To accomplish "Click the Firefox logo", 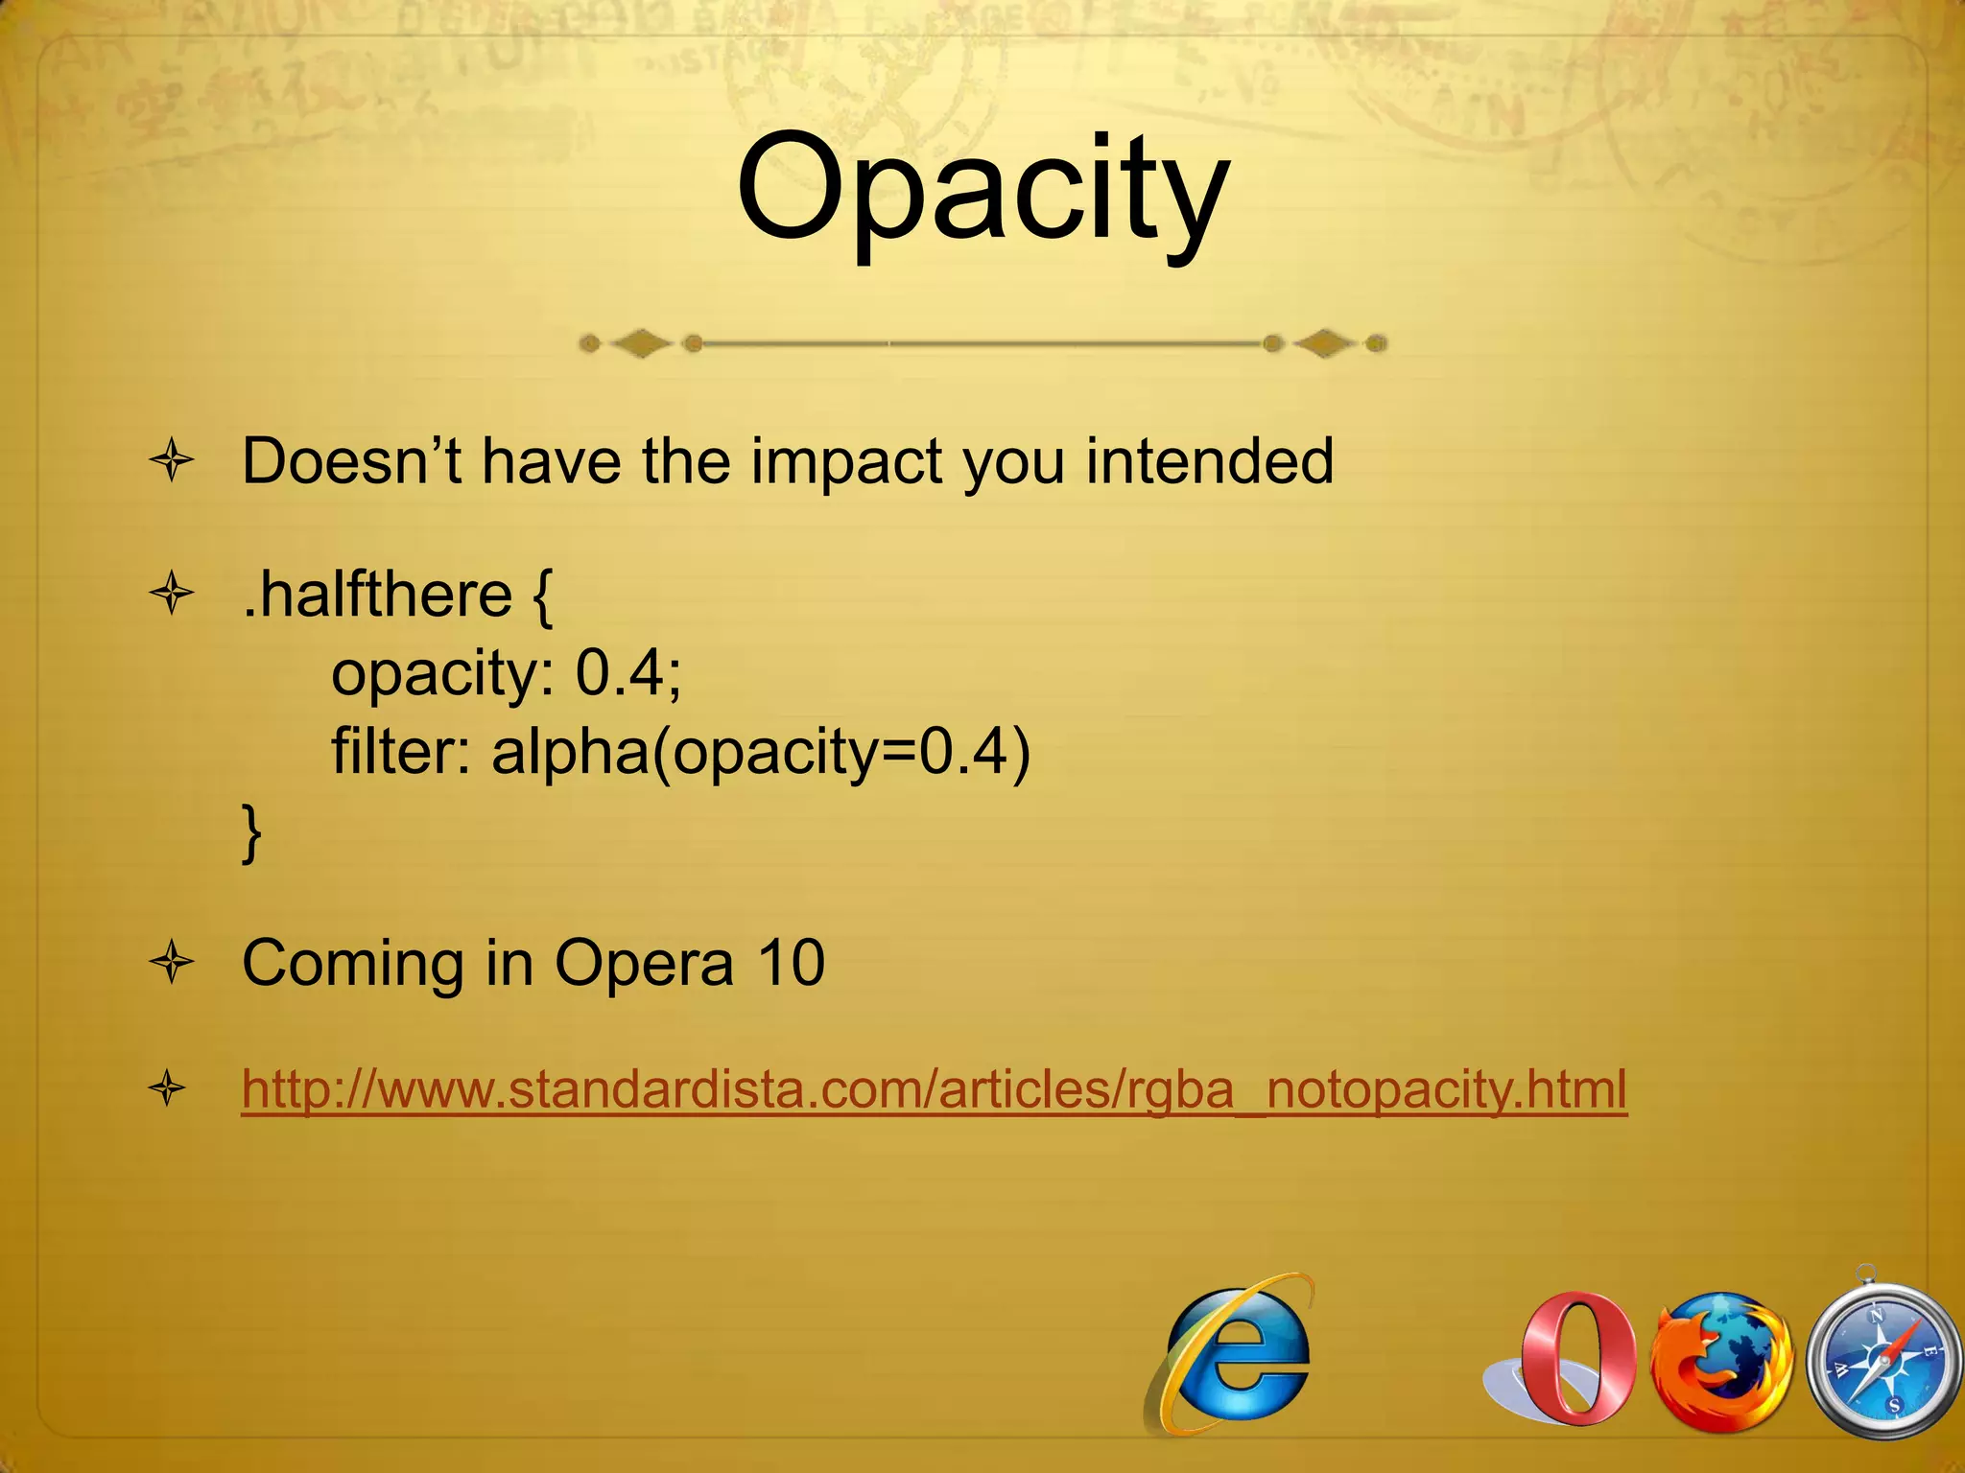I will click(x=1721, y=1360).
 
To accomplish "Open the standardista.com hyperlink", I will click(x=934, y=1089).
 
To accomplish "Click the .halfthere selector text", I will click(x=377, y=595).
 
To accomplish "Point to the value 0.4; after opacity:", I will click(x=627, y=672).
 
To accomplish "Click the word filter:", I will click(x=401, y=751).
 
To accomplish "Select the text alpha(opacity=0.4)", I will click(x=760, y=753).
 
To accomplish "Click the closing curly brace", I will click(x=251, y=833).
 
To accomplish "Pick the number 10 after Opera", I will click(x=791, y=963).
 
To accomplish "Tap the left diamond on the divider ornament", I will click(x=641, y=343).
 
